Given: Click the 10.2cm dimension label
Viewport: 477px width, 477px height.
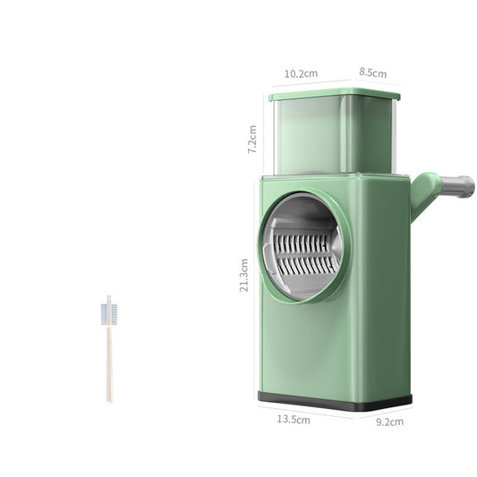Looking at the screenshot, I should (x=300, y=73).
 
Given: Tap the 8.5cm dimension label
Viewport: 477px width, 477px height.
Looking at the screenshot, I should (x=373, y=73).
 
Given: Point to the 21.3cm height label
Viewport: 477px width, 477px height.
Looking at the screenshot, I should (x=244, y=275).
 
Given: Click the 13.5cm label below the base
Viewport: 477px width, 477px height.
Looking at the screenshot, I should (x=293, y=418).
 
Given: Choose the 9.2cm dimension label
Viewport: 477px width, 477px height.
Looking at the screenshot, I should (x=389, y=421).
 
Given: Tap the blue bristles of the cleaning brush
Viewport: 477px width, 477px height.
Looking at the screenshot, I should (x=109, y=314).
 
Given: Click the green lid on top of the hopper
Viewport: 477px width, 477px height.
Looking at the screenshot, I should (x=334, y=94).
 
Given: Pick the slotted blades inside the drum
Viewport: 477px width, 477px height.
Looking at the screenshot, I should (x=304, y=252).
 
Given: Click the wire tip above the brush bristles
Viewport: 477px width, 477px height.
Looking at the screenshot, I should (x=109, y=299).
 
